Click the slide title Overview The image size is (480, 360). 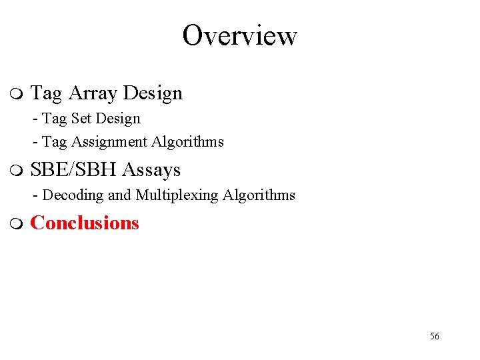(x=239, y=35)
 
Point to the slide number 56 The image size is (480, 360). (x=434, y=336)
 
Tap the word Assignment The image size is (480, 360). (x=109, y=142)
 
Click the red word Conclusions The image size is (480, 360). (x=85, y=223)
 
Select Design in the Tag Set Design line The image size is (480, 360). (x=118, y=119)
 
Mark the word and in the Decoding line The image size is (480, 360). (x=120, y=195)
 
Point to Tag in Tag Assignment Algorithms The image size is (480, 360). (x=54, y=142)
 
